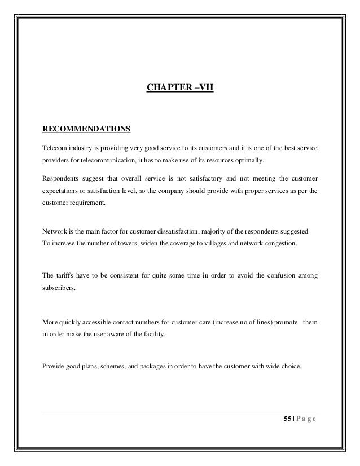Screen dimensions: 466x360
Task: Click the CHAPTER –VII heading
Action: (180, 88)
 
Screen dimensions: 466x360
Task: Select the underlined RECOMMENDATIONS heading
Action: (86, 129)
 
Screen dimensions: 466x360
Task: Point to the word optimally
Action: (250, 160)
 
